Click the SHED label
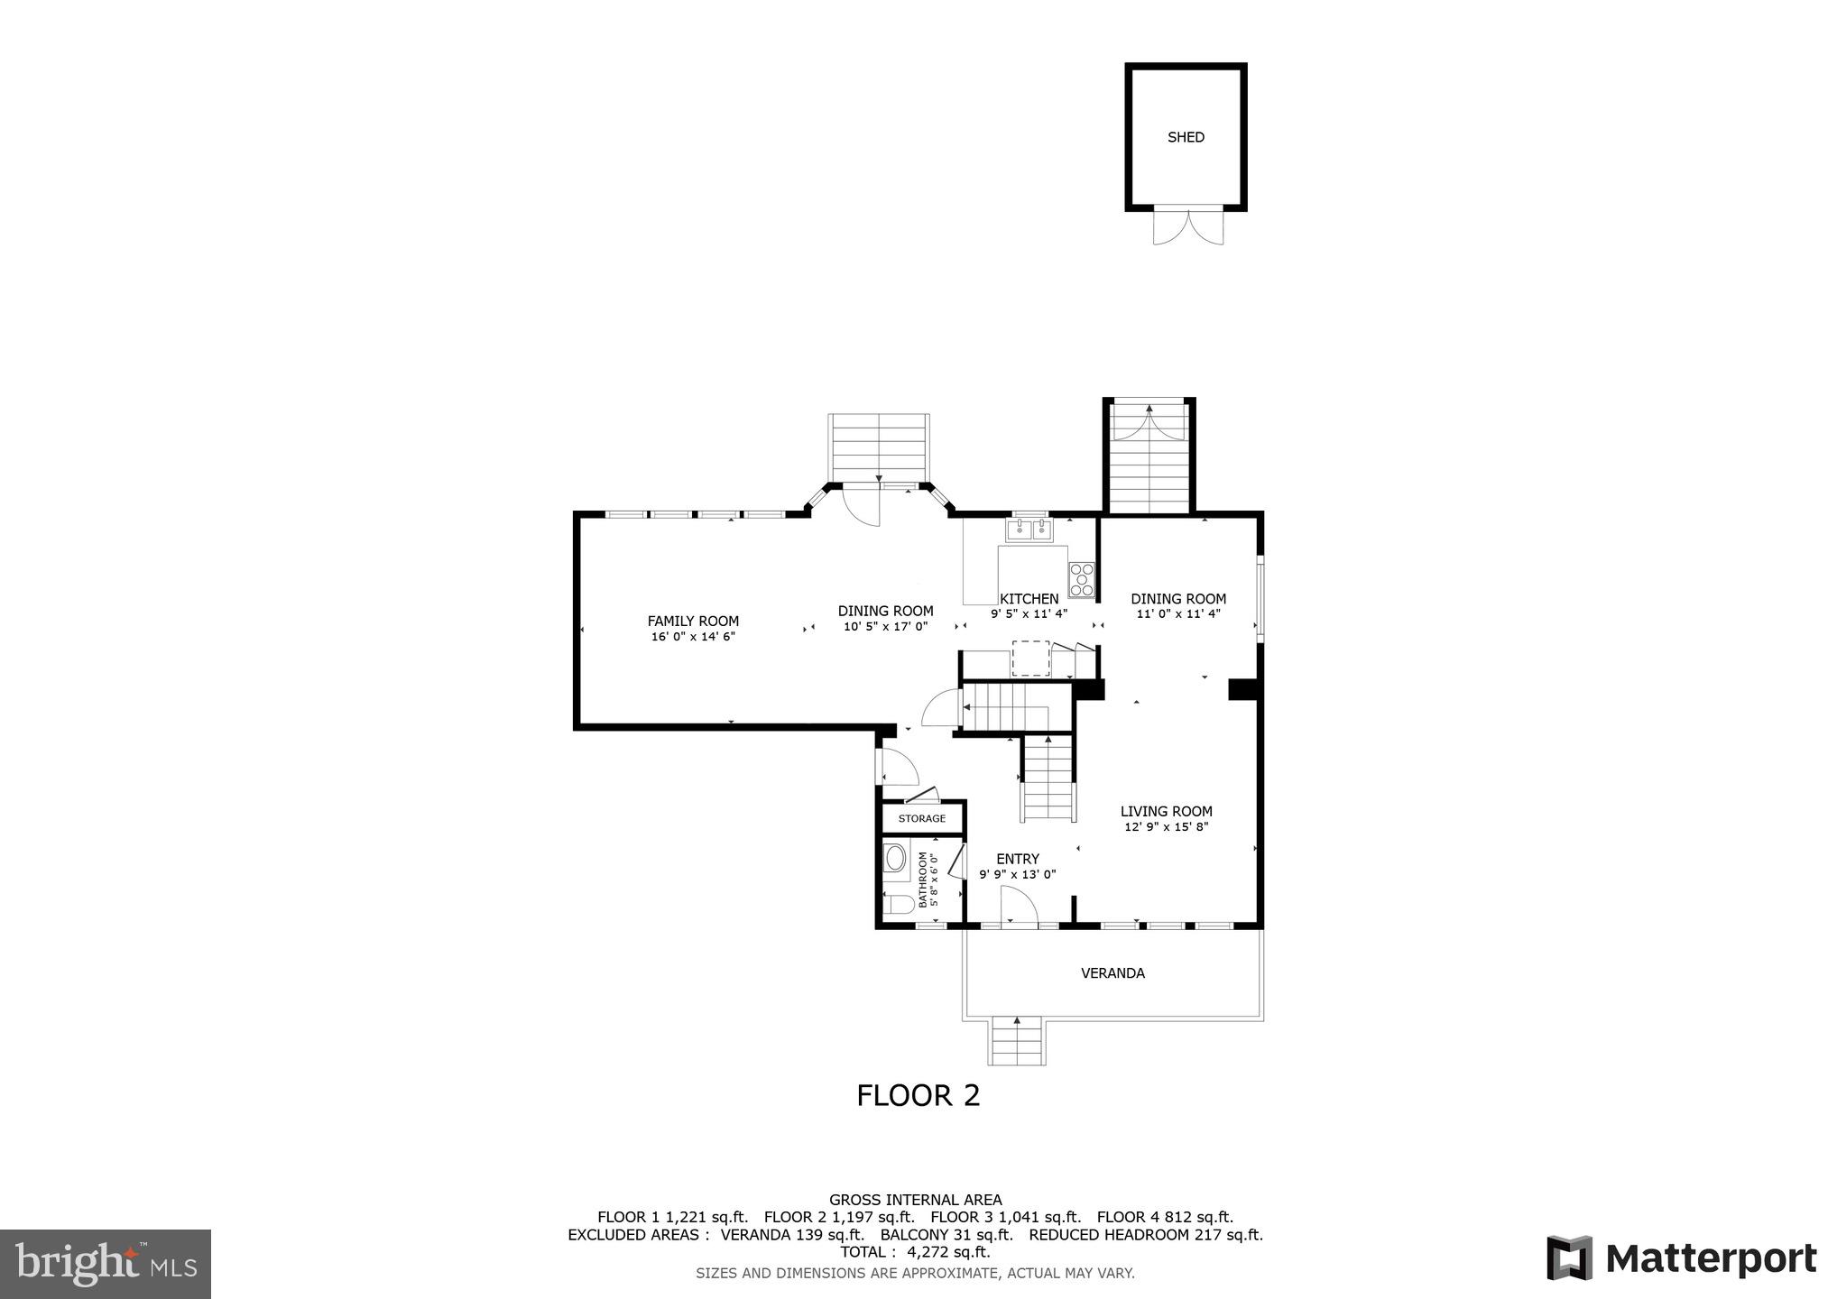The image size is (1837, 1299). click(x=1186, y=137)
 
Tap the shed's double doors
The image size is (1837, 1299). click(x=1189, y=226)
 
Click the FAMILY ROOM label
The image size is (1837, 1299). click(x=693, y=621)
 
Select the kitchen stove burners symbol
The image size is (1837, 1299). click(x=1081, y=580)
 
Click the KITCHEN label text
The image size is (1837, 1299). click(x=1029, y=599)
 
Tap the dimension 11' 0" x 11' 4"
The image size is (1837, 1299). click(x=1178, y=614)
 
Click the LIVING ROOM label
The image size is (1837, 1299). click(x=1166, y=811)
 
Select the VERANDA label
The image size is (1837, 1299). click(x=1112, y=973)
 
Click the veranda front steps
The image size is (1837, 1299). click(x=1018, y=1041)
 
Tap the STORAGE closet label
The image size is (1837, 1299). click(x=921, y=818)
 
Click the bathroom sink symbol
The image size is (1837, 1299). click(x=895, y=857)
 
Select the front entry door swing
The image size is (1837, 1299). click(x=1019, y=906)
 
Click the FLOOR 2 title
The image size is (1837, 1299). click(x=918, y=1095)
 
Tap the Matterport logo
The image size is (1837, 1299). click(x=1681, y=1258)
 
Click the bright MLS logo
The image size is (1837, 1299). click(x=106, y=1264)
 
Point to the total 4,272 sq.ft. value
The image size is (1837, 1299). click(x=948, y=1252)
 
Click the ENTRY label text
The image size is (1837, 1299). click(x=1017, y=859)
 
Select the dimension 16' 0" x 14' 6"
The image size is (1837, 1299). click(x=693, y=637)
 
